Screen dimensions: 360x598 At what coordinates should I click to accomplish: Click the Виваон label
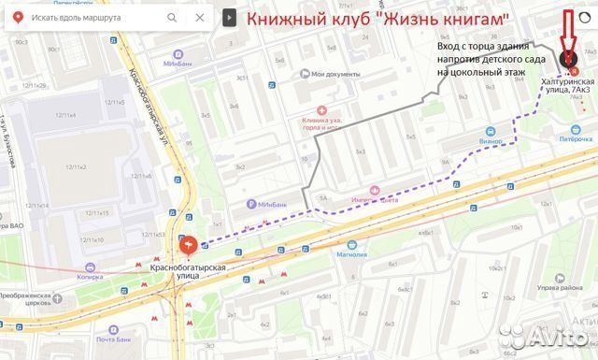click(x=468, y=141)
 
